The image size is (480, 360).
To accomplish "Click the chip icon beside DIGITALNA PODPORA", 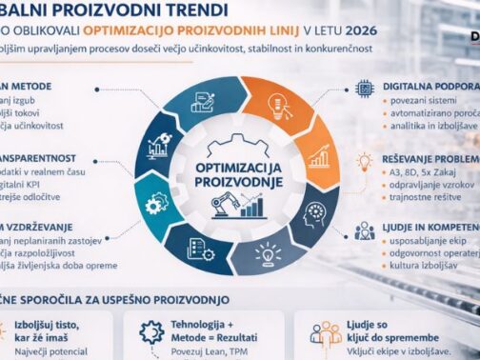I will (x=364, y=88).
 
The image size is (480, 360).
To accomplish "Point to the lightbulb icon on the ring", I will (x=268, y=251).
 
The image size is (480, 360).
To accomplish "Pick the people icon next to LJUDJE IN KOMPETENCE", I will (x=364, y=230).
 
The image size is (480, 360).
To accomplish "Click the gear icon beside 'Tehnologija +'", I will (x=150, y=332).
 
